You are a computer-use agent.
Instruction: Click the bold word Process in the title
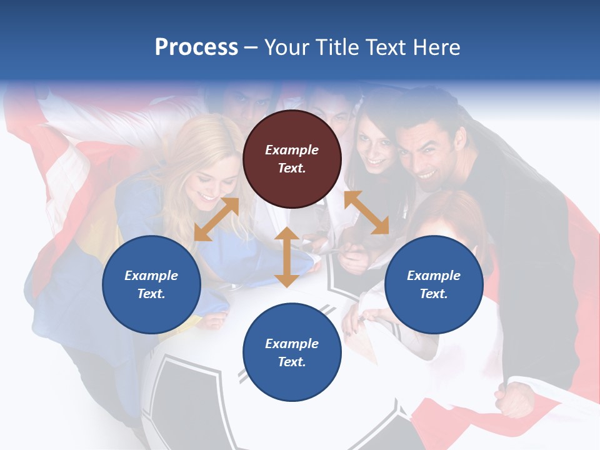click(196, 47)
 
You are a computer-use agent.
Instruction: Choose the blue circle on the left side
click(151, 284)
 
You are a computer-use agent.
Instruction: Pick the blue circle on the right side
click(434, 284)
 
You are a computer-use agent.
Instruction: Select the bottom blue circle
click(292, 352)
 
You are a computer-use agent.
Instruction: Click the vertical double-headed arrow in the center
click(286, 257)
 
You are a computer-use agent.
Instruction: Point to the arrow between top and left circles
click(216, 219)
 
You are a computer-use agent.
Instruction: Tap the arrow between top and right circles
click(366, 212)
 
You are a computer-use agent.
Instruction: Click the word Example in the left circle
click(151, 276)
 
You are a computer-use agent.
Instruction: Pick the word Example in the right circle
click(434, 276)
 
